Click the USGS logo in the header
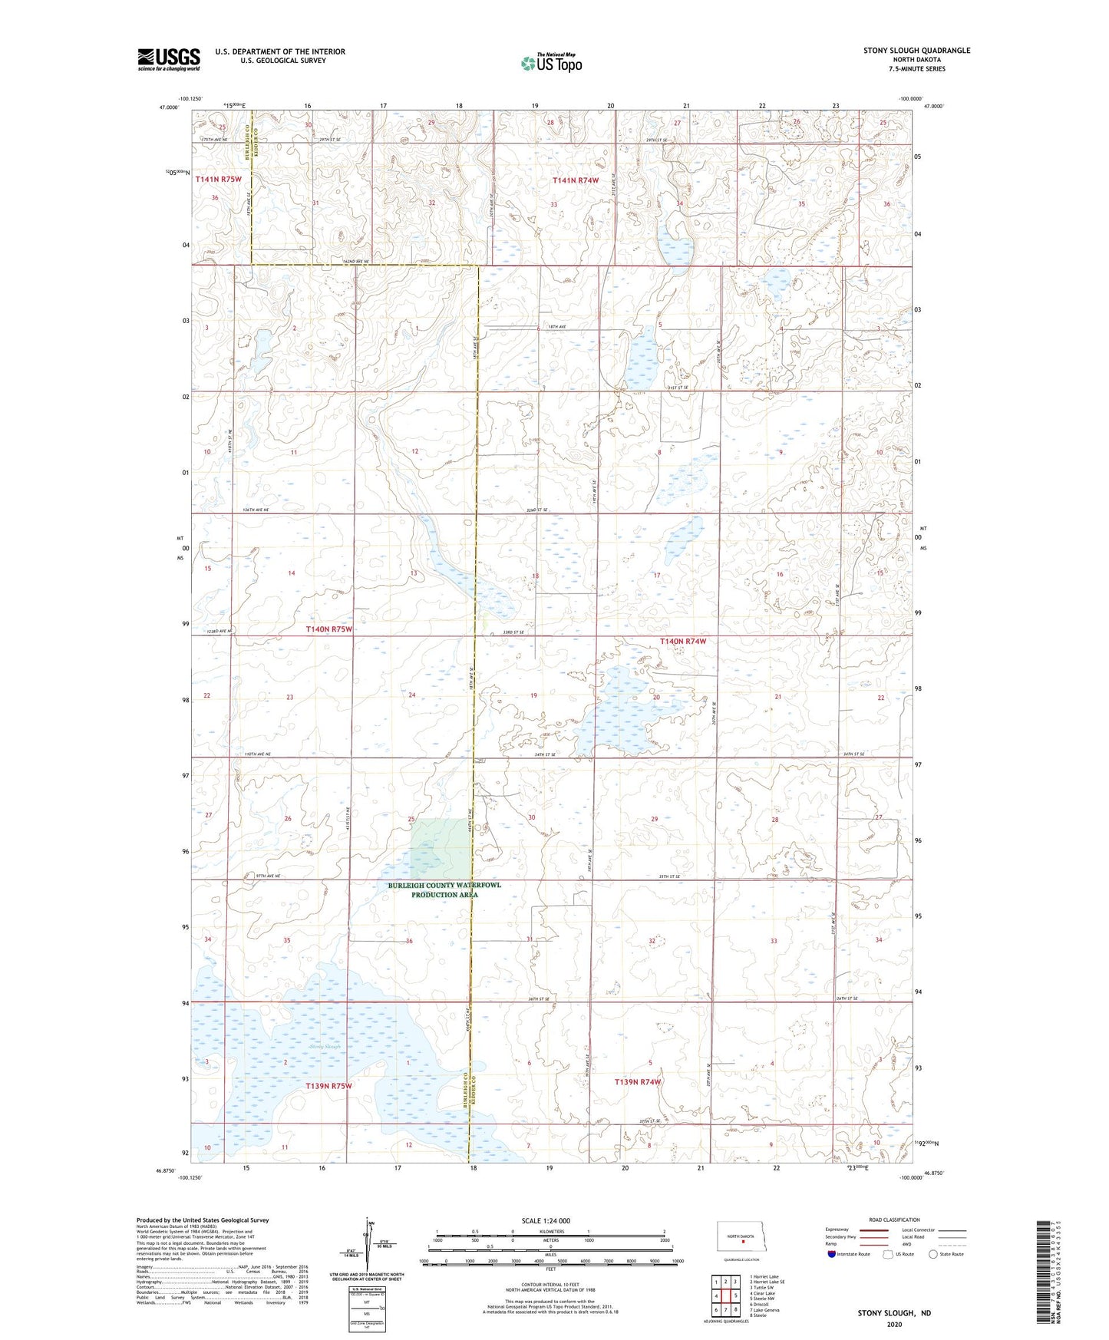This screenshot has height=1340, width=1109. (x=169, y=58)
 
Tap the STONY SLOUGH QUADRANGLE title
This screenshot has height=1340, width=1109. (x=916, y=51)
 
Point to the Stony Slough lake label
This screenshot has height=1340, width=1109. (x=324, y=1047)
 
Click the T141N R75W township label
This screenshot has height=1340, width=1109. (x=218, y=179)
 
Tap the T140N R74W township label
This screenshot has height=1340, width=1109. (x=682, y=641)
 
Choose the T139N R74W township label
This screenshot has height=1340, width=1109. (x=638, y=1082)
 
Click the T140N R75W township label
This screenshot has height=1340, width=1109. (x=328, y=629)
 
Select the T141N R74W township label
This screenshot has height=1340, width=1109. (x=576, y=180)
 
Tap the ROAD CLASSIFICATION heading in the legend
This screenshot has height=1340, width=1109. (x=894, y=1220)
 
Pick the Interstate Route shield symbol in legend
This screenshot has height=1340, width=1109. (x=833, y=1255)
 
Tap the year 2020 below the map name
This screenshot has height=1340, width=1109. (x=894, y=1324)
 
